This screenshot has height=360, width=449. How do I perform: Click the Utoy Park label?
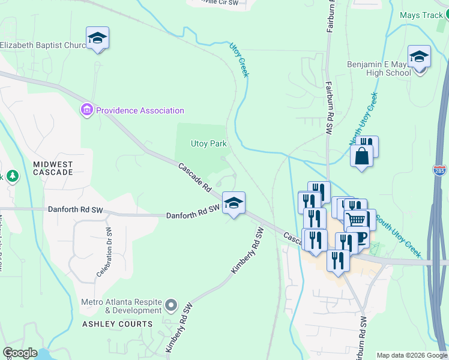point(208,144)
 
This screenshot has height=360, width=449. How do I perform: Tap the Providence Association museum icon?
point(87,110)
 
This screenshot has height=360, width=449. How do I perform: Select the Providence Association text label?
point(140,110)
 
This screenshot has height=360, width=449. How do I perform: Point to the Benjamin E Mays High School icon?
point(419,56)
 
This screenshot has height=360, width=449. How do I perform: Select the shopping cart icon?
point(355,220)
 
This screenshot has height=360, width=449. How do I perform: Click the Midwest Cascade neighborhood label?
point(53,168)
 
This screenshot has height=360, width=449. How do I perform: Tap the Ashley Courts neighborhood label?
point(118,324)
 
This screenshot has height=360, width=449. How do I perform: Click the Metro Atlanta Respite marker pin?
point(171,305)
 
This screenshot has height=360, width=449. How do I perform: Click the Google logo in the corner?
point(20,353)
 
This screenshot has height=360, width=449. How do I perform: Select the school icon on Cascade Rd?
point(234,203)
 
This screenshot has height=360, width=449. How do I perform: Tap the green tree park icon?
point(12,176)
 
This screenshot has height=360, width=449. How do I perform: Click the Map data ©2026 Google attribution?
point(412,355)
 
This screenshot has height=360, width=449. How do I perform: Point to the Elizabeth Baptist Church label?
point(43,45)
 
